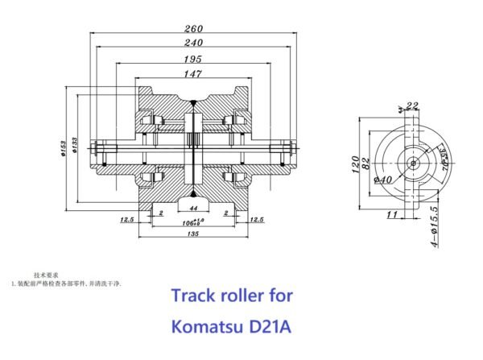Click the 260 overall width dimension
point(192,28)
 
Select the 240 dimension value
point(192,43)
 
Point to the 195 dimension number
point(192,59)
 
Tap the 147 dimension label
point(192,73)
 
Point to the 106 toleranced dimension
point(192,220)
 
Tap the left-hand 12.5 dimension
point(127,219)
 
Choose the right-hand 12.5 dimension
point(257,219)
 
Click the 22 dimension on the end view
point(413,106)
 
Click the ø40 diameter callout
point(382,180)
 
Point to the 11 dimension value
point(393,214)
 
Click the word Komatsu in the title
point(208,328)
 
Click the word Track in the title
point(195,296)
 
